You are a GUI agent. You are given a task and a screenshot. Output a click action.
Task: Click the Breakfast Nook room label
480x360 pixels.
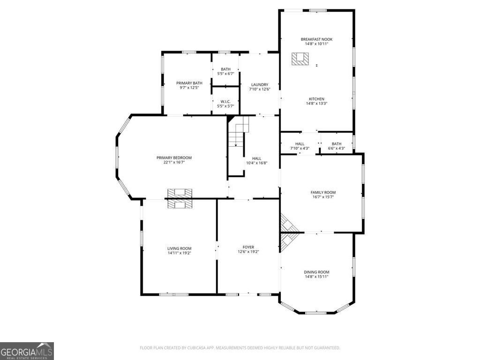(316, 39)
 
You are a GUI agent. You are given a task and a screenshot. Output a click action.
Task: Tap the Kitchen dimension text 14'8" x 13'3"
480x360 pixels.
(316, 104)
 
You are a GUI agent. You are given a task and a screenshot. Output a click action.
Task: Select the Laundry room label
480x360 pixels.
(260, 84)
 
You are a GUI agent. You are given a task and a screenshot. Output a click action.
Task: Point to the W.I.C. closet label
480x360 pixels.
(225, 101)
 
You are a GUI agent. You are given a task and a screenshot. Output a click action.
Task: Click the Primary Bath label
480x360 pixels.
(189, 83)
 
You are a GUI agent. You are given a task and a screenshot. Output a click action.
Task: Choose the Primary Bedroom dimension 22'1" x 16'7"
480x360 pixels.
(174, 162)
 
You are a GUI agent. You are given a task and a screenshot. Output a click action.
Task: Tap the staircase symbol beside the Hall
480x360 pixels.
(239, 131)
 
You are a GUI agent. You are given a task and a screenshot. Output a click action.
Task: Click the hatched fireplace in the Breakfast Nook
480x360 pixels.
(300, 59)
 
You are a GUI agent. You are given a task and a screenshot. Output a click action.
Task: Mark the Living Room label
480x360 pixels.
(180, 248)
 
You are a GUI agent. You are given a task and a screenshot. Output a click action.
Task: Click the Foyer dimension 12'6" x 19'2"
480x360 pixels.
(248, 252)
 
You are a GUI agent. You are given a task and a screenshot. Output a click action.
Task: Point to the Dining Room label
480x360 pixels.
(316, 272)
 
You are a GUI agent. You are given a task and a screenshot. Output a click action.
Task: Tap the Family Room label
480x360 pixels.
(323, 192)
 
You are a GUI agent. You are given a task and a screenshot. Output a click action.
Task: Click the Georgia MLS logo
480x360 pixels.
(27, 351)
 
